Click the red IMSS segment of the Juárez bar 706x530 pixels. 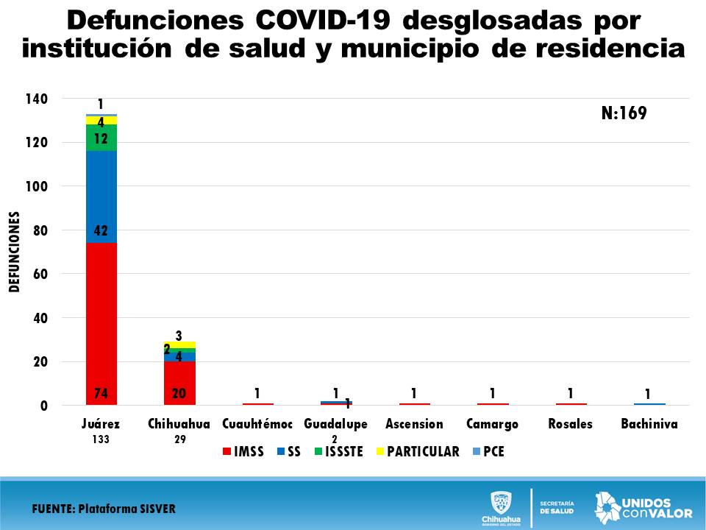[101, 324]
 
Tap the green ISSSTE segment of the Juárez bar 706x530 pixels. [101, 138]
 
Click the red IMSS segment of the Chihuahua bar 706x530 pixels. [179, 383]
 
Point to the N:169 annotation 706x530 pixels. [624, 113]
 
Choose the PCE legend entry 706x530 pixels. [488, 451]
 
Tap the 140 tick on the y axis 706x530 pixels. [38, 99]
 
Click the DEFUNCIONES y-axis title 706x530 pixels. [14, 252]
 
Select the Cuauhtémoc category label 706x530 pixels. [257, 424]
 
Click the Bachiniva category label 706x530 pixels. [648, 424]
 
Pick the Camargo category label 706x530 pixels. [493, 424]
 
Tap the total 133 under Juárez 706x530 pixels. [101, 439]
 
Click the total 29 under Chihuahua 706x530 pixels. [179, 439]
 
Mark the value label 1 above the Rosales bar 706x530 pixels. [570, 393]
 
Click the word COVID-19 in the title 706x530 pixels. [337, 21]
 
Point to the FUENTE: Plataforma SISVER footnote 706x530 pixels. [104, 509]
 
